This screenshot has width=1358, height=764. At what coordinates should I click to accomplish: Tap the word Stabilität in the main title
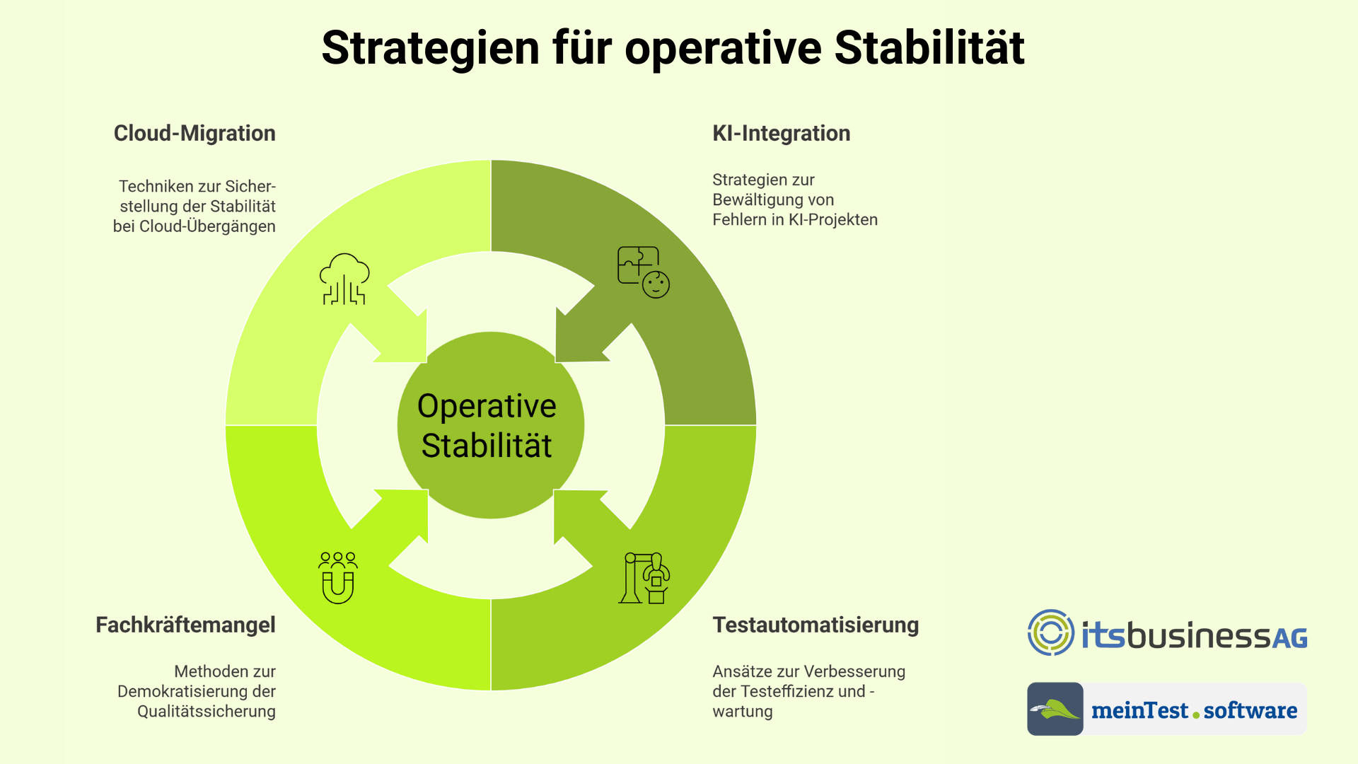point(929,47)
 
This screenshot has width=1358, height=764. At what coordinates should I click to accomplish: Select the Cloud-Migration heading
point(195,133)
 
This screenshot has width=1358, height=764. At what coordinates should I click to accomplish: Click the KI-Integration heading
point(782,133)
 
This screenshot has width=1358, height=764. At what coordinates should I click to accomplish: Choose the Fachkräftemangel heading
point(185,625)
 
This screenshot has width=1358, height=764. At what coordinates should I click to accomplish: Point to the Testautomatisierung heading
point(816,625)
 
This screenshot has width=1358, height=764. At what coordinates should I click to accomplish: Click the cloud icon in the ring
point(344,279)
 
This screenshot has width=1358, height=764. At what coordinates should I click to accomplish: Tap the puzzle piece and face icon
point(644,272)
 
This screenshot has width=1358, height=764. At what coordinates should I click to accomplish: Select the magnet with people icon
point(338,578)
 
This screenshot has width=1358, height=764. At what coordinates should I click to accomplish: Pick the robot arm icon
point(644,578)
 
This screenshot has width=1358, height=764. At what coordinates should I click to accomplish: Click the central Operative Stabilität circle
point(490,425)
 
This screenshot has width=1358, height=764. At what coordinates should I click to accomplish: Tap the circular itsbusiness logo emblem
point(1051,632)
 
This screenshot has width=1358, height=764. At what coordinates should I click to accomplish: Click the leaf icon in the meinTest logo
point(1055,709)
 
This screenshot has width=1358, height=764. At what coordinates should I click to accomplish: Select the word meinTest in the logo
point(1139,710)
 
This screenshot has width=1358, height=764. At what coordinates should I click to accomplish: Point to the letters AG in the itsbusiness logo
point(1290,639)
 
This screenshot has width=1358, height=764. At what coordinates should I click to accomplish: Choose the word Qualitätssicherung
point(207,712)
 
